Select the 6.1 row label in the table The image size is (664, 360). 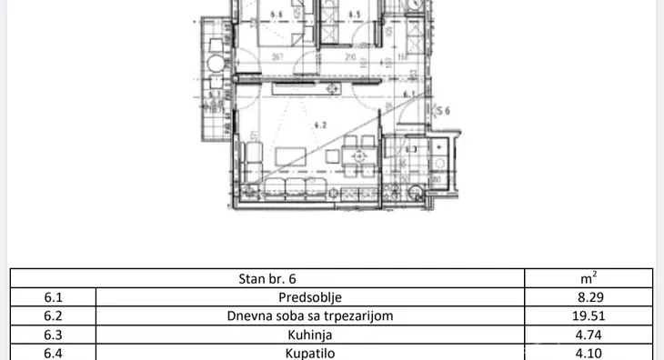pyautogui.click(x=52, y=296)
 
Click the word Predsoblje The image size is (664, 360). pyautogui.click(x=310, y=296)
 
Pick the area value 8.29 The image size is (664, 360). pyautogui.click(x=589, y=296)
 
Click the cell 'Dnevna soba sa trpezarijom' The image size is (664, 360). pyautogui.click(x=310, y=316)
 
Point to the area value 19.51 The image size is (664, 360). pyautogui.click(x=589, y=316)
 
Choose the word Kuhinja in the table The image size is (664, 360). pyautogui.click(x=310, y=335)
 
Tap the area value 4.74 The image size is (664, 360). pyautogui.click(x=589, y=335)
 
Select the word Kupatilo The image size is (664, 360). pyautogui.click(x=310, y=352)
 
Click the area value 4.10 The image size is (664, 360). pyautogui.click(x=589, y=352)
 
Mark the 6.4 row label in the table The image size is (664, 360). pyautogui.click(x=52, y=352)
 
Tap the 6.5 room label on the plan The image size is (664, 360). pyautogui.click(x=355, y=15)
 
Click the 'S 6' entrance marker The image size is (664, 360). pyautogui.click(x=443, y=111)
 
